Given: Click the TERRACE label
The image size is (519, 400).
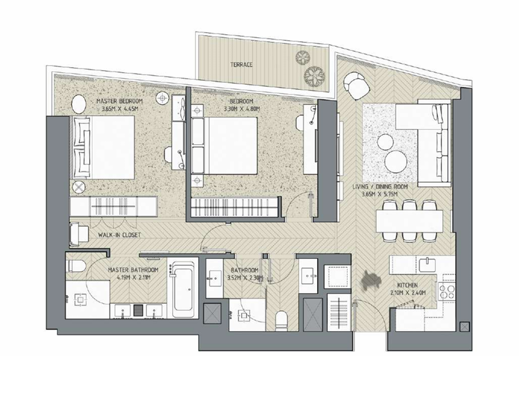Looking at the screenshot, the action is pyautogui.click(x=241, y=65).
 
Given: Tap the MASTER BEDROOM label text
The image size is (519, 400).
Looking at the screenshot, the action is pyautogui.click(x=120, y=101).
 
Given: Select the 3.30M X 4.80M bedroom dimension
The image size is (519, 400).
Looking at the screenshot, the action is pyautogui.click(x=241, y=108).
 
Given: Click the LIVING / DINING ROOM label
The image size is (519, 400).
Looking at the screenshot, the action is pyautogui.click(x=380, y=187).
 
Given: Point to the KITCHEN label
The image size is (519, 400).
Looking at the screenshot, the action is pyautogui.click(x=408, y=285).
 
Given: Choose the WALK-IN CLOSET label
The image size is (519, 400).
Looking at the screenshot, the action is pyautogui.click(x=120, y=235).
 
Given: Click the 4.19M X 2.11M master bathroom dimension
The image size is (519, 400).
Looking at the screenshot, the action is pyautogui.click(x=133, y=277).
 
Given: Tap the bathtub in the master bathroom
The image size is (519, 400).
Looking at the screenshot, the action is pyautogui.click(x=183, y=289).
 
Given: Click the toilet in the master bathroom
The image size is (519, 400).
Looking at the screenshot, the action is pyautogui.click(x=76, y=265).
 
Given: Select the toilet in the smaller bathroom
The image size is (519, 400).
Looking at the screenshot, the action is pyautogui.click(x=282, y=320).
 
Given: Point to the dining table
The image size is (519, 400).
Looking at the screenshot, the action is pyautogui.click(x=409, y=222).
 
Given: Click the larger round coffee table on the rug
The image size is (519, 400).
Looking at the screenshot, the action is pyautogui.click(x=396, y=162).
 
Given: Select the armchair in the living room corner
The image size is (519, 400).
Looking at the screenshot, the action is pyautogui.click(x=356, y=85).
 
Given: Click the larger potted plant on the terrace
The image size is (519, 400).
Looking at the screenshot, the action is pyautogui.click(x=314, y=75).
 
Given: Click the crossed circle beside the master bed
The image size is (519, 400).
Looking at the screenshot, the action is pyautogui.click(x=78, y=187).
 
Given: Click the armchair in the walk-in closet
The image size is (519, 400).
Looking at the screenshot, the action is pyautogui.click(x=78, y=234).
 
